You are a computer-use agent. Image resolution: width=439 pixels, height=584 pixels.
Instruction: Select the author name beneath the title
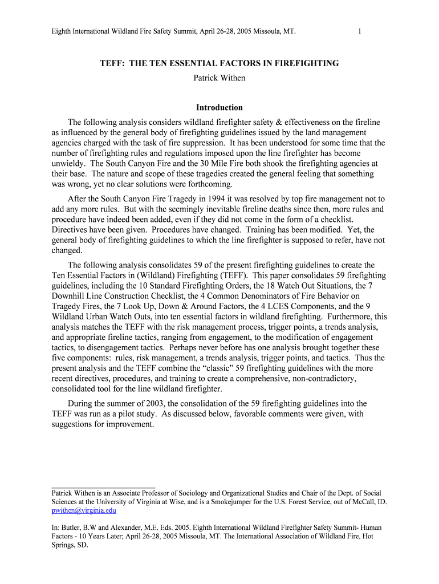(219, 78)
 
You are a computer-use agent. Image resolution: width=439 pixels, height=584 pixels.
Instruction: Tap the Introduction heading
(219, 107)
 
